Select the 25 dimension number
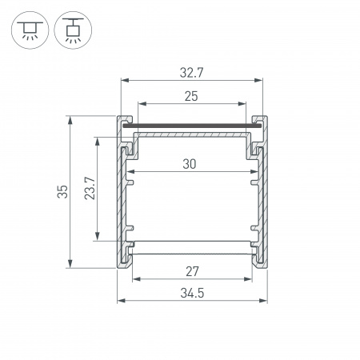[x=191, y=96]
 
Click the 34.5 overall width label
[x=192, y=293]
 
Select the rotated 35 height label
[x=63, y=191]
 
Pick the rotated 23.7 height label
[x=90, y=188]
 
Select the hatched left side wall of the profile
[x=123, y=200]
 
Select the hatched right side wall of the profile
[x=259, y=200]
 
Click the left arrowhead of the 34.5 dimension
[x=122, y=301]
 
